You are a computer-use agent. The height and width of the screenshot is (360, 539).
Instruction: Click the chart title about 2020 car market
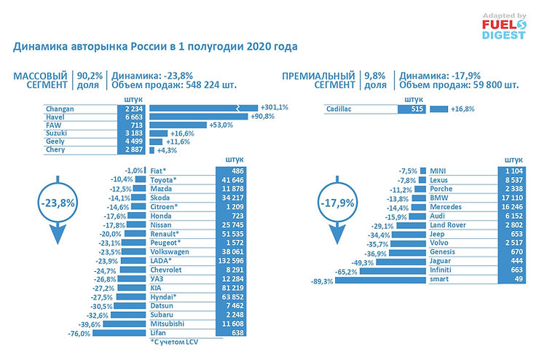pos(155,47)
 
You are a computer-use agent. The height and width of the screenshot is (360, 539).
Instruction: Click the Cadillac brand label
pos(346,109)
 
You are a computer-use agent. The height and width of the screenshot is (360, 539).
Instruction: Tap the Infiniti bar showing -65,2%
pos(386,270)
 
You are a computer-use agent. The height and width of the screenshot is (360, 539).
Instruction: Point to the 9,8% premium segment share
pos(376,75)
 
